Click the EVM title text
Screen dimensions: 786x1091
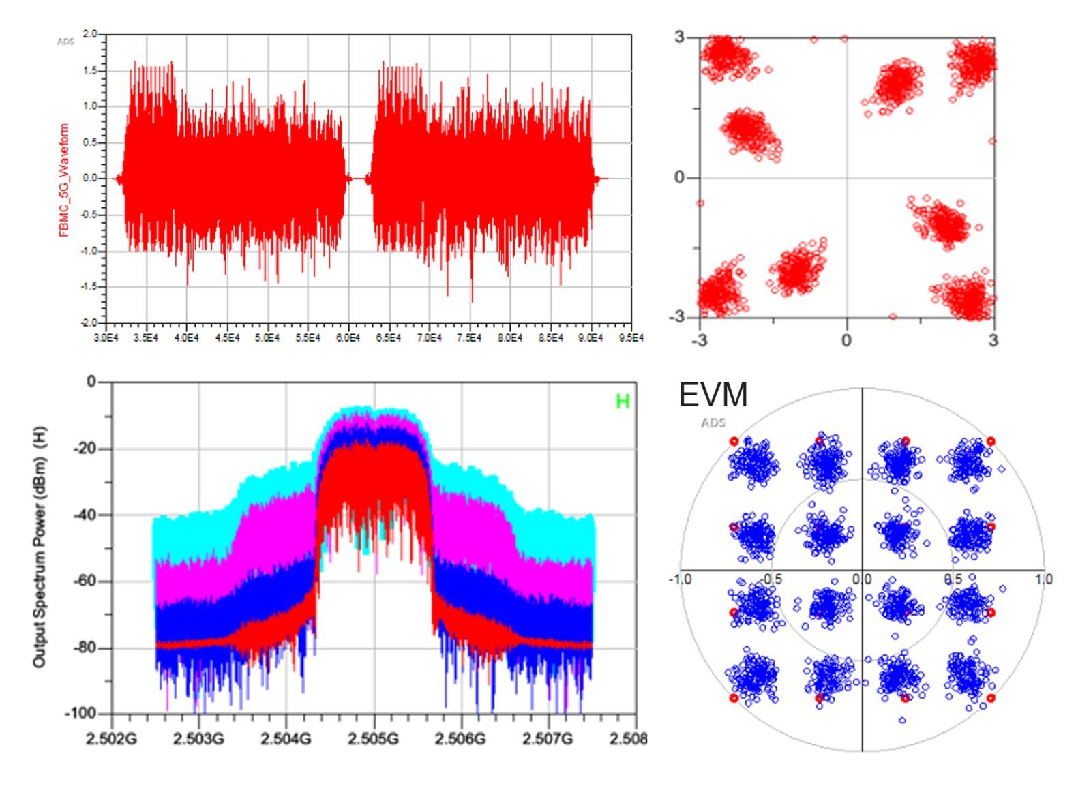tap(713, 395)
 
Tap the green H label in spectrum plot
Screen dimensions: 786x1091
tap(622, 402)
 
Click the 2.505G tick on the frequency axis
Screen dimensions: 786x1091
tap(373, 739)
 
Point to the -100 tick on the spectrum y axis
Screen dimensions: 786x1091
tap(80, 713)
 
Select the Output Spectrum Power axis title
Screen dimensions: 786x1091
tap(40, 547)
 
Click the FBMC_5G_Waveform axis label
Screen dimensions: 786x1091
tap(64, 180)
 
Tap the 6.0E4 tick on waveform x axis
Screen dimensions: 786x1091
tap(348, 338)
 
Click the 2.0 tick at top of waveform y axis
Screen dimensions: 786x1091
tap(90, 34)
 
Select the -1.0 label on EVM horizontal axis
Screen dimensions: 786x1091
tap(680, 579)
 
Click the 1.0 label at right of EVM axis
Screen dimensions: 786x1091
tap(1043, 579)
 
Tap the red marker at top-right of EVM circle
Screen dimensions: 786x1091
tap(991, 442)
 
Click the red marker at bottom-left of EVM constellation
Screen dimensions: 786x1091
tap(734, 698)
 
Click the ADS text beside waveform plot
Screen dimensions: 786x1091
tap(65, 42)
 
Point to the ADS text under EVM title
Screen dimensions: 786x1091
tap(713, 423)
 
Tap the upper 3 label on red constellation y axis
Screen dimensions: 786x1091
tap(679, 37)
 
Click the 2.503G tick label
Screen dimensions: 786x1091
tap(198, 739)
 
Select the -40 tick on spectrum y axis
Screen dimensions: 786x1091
tap(85, 515)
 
